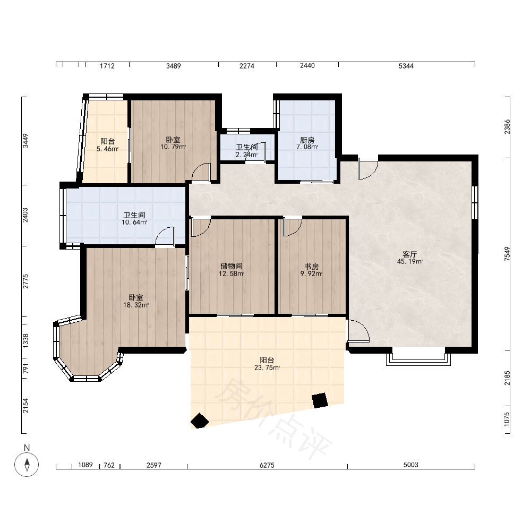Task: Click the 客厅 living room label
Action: coord(409,254)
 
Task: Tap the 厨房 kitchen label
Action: coord(307,140)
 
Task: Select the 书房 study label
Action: coord(311,267)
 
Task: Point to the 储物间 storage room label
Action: coord(232,266)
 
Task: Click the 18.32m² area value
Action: coord(136,305)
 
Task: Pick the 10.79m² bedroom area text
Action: coord(173,147)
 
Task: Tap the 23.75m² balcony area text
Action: coord(267,367)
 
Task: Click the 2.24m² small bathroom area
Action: coord(246,155)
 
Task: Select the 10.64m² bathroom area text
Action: coord(134,222)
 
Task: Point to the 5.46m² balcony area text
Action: coord(107,149)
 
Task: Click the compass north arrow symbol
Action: coord(27,464)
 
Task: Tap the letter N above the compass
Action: coord(27,448)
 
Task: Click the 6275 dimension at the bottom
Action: coord(267,465)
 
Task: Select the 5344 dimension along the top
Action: coord(406,66)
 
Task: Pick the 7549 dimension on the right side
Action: coord(507,254)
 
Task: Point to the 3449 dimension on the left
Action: coord(25,141)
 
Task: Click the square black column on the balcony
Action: coord(320,400)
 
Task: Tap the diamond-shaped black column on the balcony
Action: coord(200,421)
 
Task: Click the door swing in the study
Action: coord(293,227)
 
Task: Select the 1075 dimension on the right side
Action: coord(507,419)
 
